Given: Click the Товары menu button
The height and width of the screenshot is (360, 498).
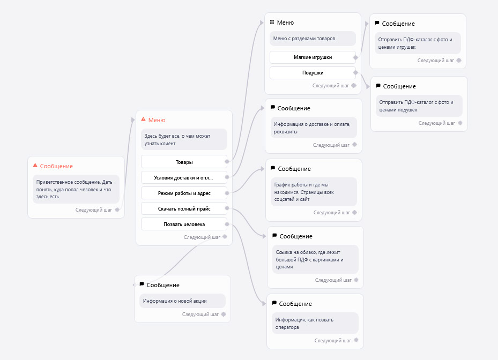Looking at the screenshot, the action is [184, 162].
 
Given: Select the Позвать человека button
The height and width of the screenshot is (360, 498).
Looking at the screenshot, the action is [184, 224].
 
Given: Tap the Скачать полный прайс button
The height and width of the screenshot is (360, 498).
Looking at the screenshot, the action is [184, 208].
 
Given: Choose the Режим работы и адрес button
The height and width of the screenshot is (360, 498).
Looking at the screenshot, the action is [184, 193].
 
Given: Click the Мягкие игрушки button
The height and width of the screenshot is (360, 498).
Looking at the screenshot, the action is [313, 57].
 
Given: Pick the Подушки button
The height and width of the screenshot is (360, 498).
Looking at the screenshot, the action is [313, 73].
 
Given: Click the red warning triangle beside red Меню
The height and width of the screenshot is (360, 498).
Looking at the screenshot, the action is [143, 119].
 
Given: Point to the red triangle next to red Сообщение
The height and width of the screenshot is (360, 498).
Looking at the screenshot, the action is [35, 166].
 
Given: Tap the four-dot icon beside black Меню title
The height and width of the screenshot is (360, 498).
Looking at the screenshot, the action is [272, 22].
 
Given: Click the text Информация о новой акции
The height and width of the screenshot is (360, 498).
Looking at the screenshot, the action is [175, 301].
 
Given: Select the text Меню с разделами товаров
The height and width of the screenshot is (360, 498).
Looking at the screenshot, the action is [304, 39].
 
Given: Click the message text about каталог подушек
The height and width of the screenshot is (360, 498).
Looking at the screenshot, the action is [416, 106].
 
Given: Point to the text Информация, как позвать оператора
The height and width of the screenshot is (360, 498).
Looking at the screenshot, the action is [304, 324].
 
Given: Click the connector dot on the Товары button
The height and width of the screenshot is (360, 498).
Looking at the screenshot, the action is [227, 162].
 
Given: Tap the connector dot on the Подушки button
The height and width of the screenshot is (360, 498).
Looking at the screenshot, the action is [355, 73].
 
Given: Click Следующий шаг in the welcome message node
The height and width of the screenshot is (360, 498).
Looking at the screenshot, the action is [94, 210].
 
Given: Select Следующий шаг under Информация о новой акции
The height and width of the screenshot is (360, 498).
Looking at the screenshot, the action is [200, 314].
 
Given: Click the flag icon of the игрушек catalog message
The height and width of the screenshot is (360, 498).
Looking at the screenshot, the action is [377, 23].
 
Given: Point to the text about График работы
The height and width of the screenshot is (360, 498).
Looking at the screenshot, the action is [304, 192].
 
